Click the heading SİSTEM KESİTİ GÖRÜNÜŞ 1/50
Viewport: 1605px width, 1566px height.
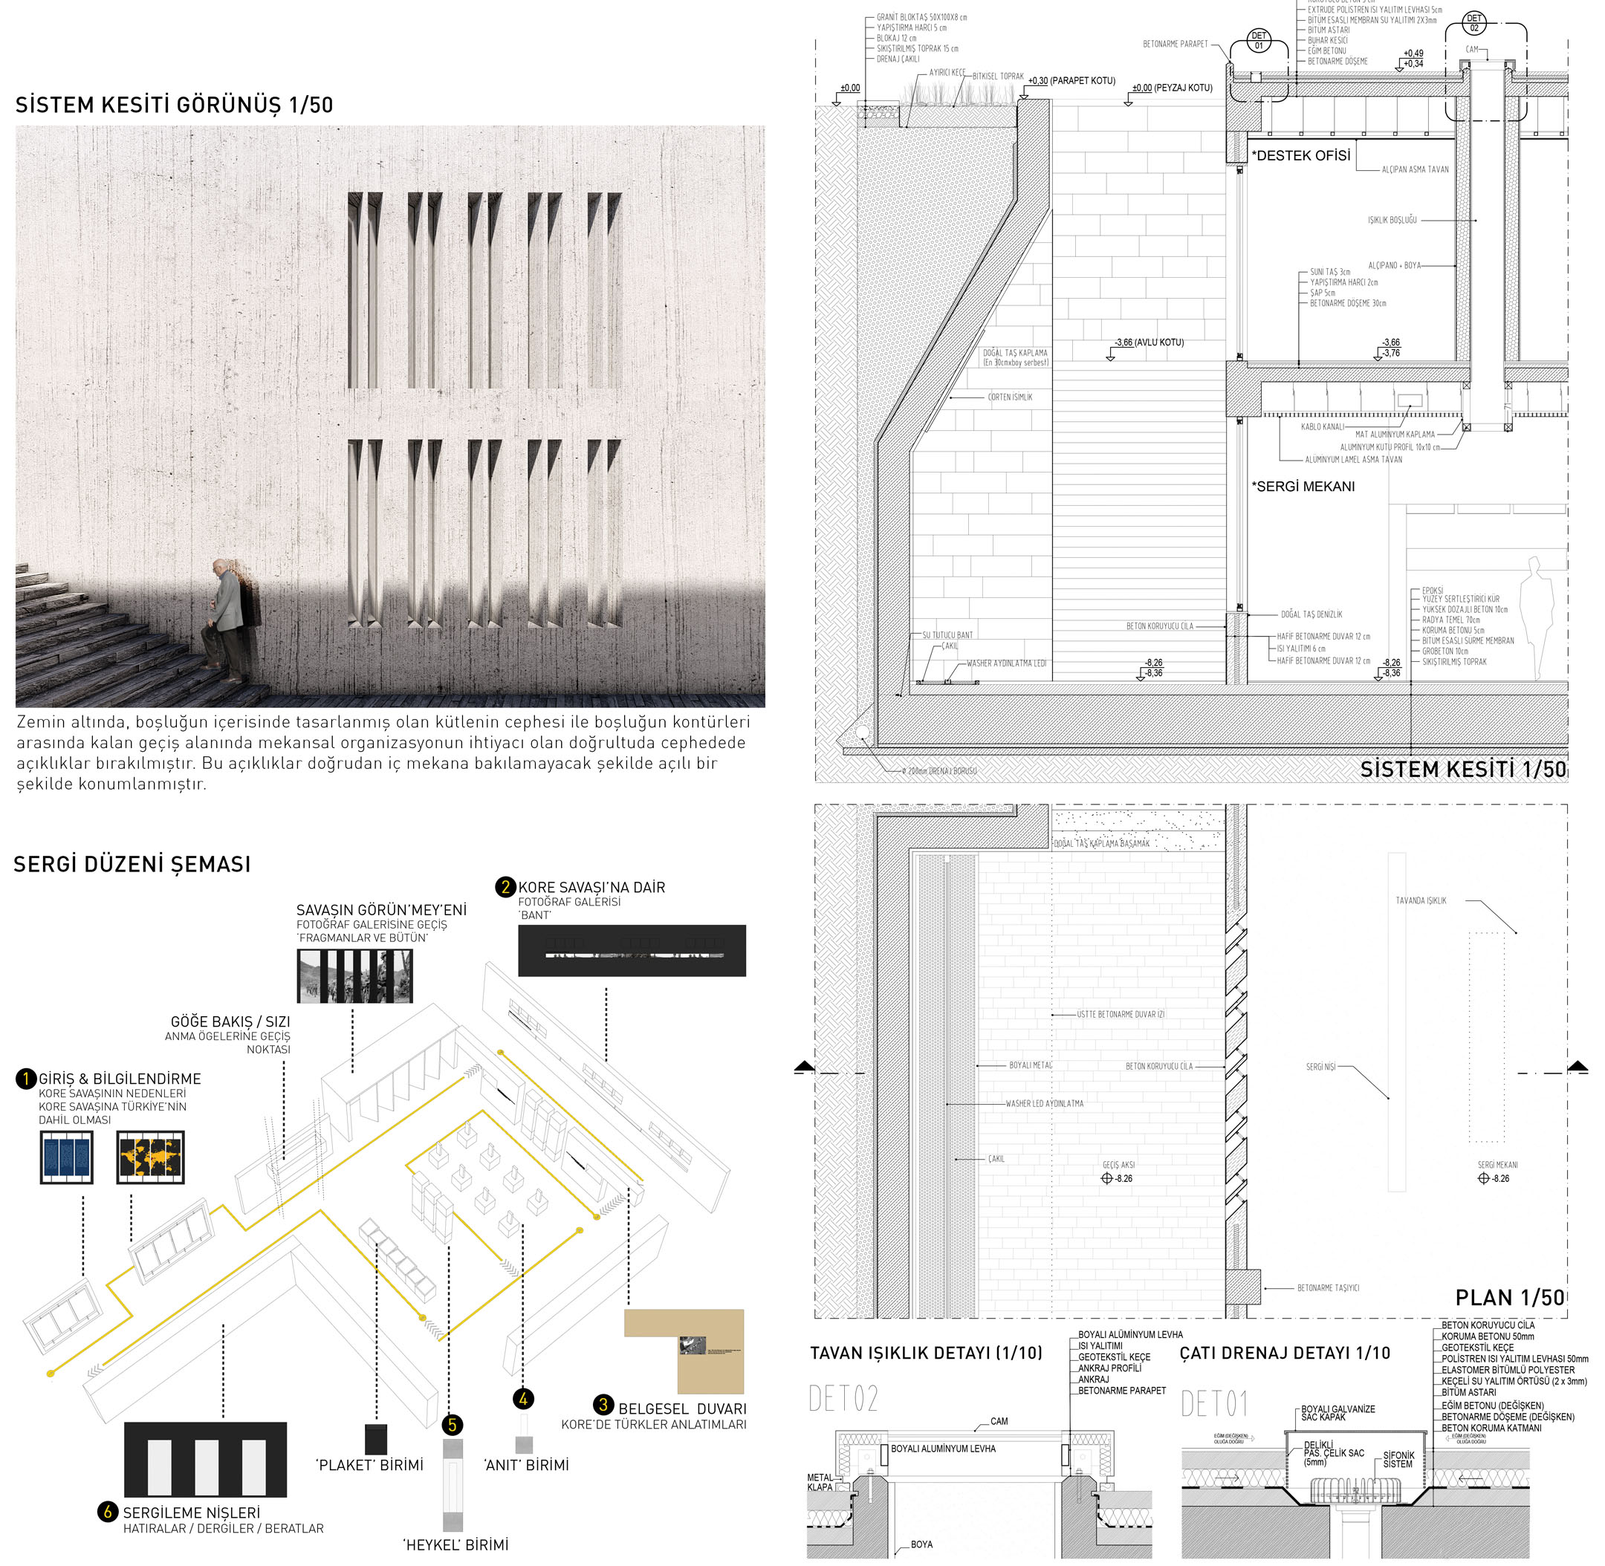click(x=175, y=105)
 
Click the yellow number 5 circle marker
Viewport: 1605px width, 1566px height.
click(x=452, y=1425)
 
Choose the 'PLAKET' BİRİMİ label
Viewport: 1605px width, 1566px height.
click(x=370, y=1464)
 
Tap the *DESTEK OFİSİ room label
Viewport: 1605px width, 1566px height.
click(x=1300, y=155)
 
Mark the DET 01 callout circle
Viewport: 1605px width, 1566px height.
click(x=1259, y=40)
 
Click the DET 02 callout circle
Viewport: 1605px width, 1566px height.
click(x=1473, y=23)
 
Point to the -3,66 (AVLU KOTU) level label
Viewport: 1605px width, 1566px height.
click(x=1149, y=342)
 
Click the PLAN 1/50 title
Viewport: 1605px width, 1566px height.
click(x=1508, y=1297)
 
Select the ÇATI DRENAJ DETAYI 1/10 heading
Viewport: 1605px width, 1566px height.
click(x=1284, y=1353)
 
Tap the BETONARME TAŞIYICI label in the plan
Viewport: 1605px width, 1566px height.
click(x=1328, y=1288)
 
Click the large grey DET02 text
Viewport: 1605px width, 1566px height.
click(x=843, y=1398)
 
